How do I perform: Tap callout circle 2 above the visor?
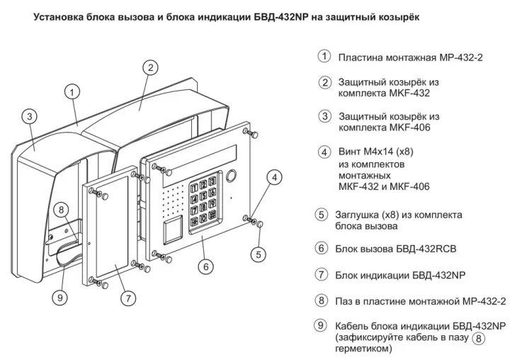click(149, 67)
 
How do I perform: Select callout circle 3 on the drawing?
click(29, 116)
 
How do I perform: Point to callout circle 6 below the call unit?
click(204, 267)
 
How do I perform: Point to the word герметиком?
click(366, 349)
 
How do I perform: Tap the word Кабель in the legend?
click(354, 326)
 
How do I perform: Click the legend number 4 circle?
click(324, 152)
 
